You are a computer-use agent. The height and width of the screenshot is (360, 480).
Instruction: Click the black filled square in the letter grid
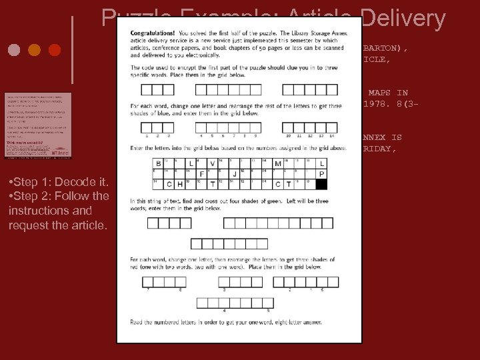click(322, 184)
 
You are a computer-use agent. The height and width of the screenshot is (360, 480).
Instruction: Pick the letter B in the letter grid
click(159, 163)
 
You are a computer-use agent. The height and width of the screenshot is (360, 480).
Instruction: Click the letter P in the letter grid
click(322, 174)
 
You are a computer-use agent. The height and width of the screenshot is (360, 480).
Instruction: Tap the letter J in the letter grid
click(235, 174)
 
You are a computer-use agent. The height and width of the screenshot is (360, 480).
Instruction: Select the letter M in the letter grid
click(278, 163)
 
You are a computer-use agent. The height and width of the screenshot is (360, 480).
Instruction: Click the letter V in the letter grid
click(213, 163)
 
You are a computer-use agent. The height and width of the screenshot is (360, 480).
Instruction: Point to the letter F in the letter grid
click(202, 174)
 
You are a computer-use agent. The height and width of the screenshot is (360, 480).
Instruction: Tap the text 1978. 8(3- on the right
click(386, 103)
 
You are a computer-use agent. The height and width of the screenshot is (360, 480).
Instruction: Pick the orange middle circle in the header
click(35, 50)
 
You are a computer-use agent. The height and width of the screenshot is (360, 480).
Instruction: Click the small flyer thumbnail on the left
click(37, 125)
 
